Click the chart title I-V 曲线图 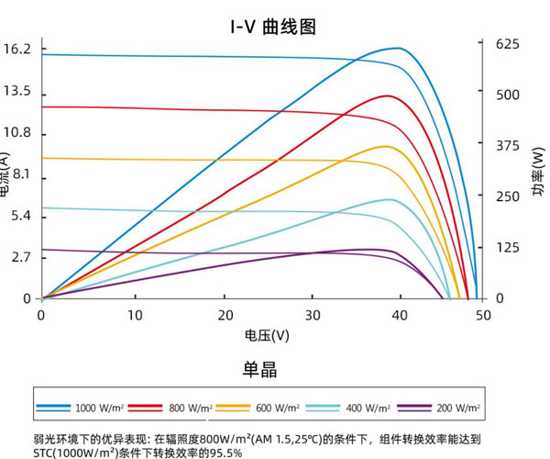click(x=272, y=26)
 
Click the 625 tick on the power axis click(x=507, y=43)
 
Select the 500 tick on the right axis click(x=507, y=95)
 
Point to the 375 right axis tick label click(x=507, y=145)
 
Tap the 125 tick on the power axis click(x=507, y=247)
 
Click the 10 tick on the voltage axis click(x=135, y=314)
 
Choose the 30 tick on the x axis click(x=313, y=314)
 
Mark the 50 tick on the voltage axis click(x=482, y=314)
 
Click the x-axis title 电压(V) click(x=267, y=336)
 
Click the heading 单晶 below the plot click(x=259, y=370)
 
